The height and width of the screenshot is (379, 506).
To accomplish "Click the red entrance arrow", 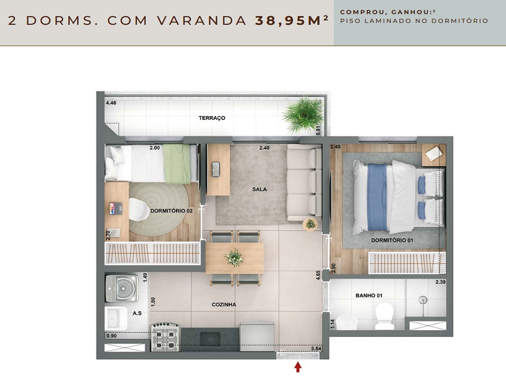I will [297, 367].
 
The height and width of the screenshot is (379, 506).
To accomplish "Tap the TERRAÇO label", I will [212, 118].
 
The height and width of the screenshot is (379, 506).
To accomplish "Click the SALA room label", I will [259, 189].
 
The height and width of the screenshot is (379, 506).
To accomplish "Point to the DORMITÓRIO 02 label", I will [171, 211].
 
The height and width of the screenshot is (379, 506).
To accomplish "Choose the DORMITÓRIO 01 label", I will [392, 241].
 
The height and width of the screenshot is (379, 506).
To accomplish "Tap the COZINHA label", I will [224, 304].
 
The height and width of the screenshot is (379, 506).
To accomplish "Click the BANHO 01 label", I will [369, 296].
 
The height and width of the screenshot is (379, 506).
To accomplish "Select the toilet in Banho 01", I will [384, 316].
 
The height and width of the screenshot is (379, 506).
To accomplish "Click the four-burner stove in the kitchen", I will [165, 338].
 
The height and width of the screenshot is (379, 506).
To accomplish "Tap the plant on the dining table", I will [234, 257].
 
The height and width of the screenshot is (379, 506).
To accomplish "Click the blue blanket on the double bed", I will [378, 197].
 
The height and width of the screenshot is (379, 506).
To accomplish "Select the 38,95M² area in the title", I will [292, 21].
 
